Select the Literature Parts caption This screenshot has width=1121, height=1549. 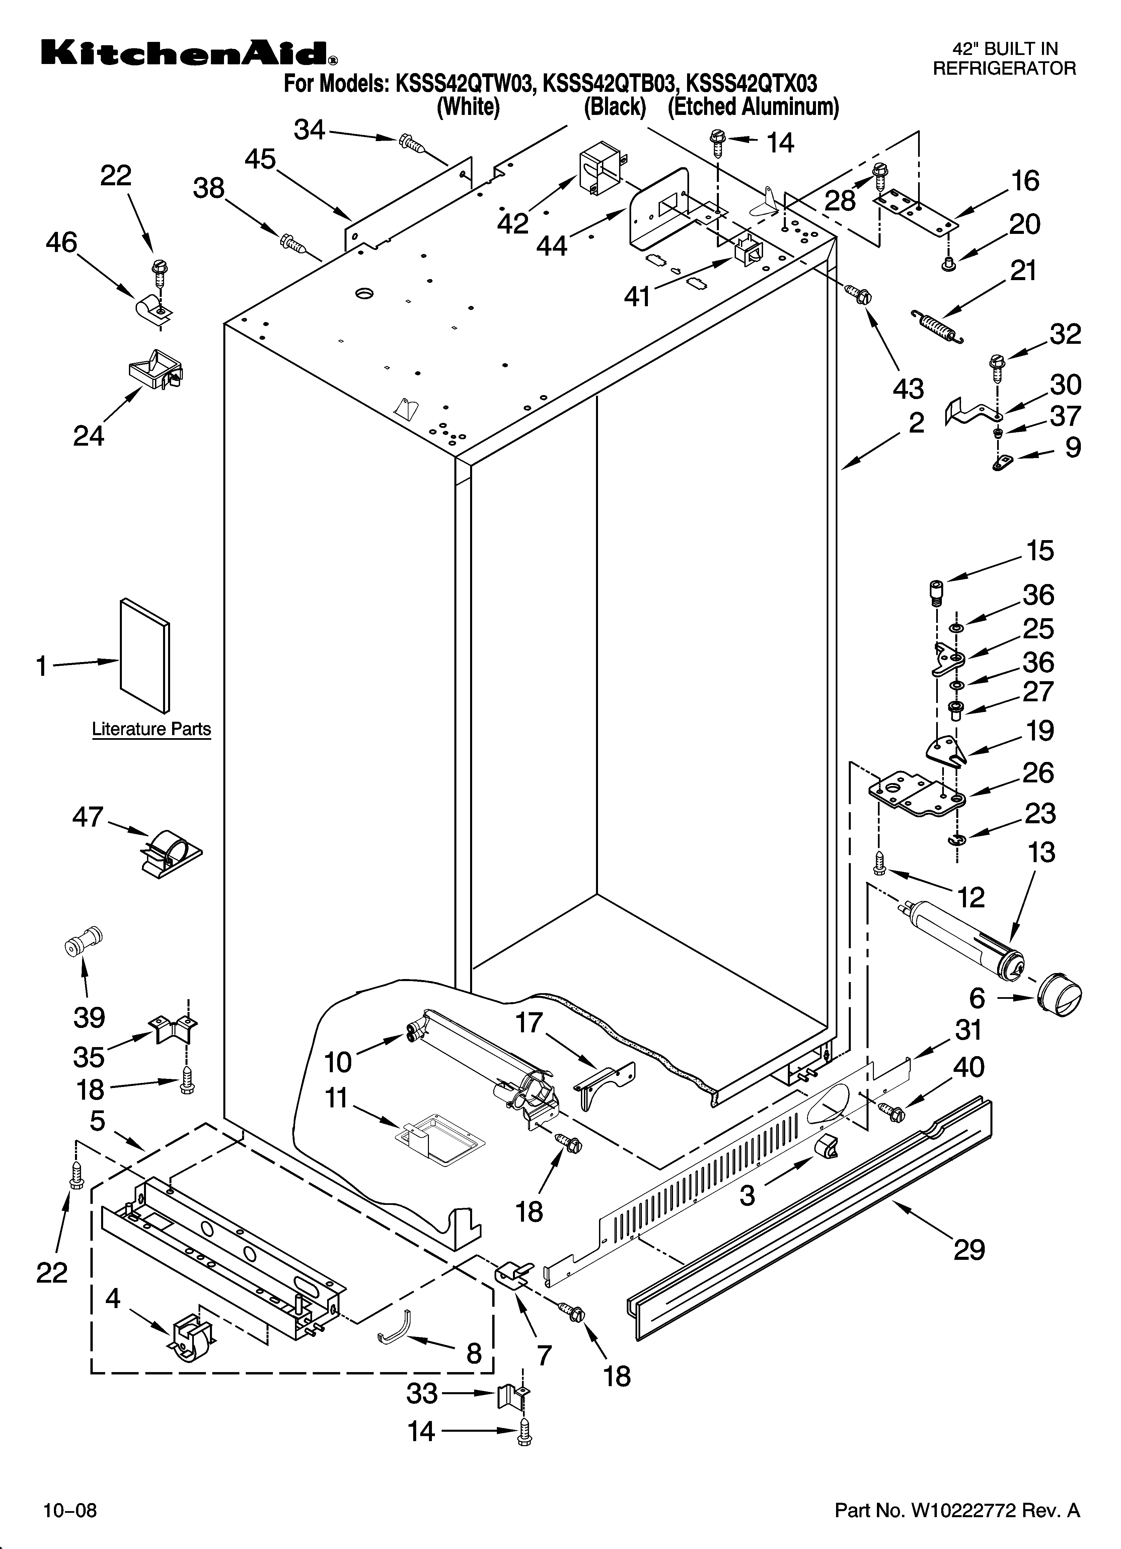[152, 729]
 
